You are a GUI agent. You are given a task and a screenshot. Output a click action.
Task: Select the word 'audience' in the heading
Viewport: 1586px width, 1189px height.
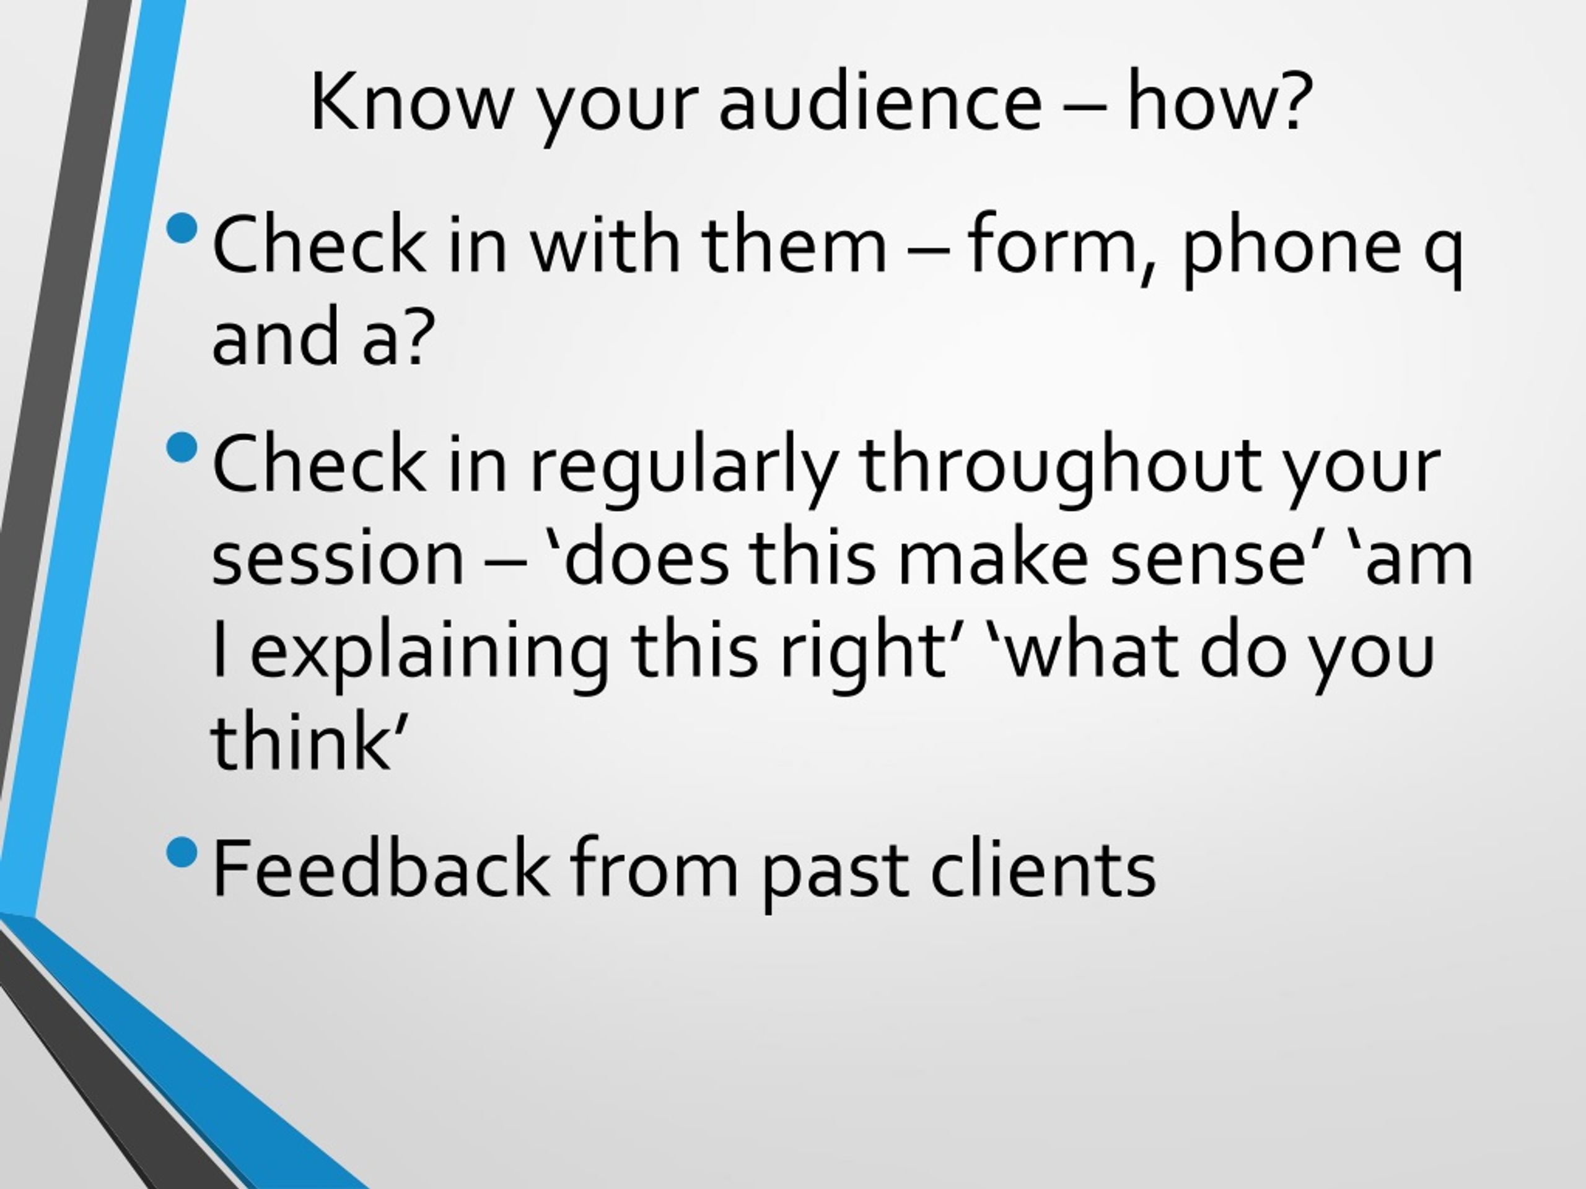(880, 102)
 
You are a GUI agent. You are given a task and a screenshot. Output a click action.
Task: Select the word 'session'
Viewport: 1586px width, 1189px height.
(338, 559)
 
